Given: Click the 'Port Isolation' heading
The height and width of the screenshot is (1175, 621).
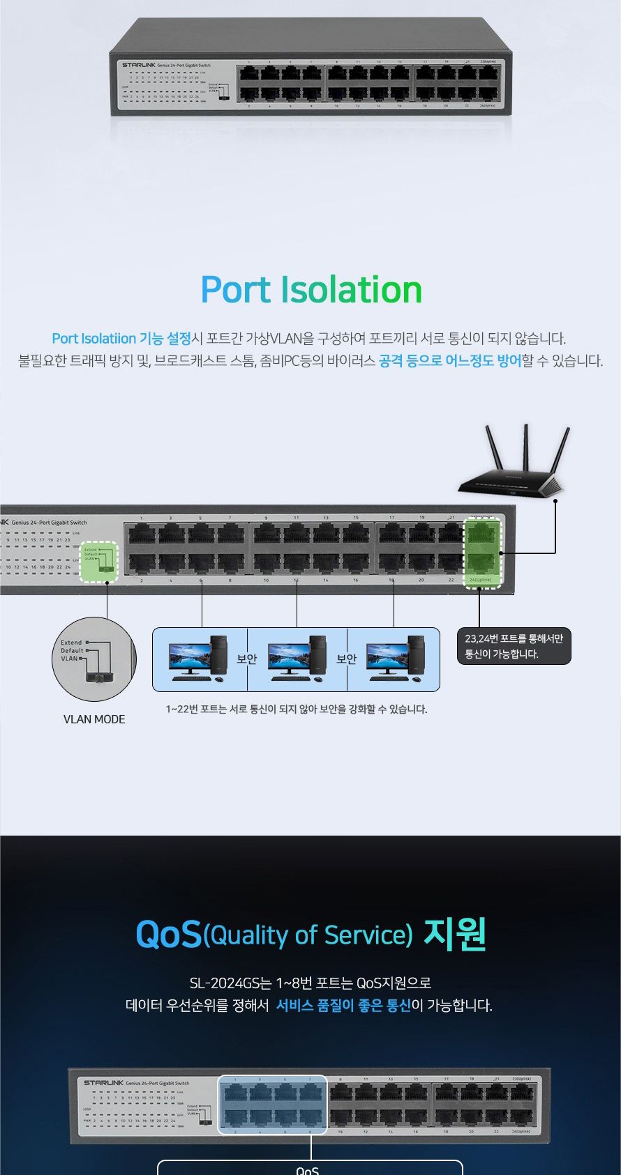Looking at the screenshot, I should (x=311, y=290).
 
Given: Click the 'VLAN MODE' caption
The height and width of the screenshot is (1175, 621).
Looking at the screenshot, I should (x=94, y=719).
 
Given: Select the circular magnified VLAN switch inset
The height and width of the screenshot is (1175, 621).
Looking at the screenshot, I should (x=94, y=659).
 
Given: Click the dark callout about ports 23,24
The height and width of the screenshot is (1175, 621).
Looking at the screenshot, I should (x=514, y=646).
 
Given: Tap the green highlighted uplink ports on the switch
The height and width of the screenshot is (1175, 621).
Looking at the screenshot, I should (x=483, y=553).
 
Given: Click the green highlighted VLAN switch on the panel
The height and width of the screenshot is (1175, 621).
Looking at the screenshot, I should (x=98, y=561).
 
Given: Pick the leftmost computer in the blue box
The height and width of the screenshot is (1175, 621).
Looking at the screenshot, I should (x=199, y=659).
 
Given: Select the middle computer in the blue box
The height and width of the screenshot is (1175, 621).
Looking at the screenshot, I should (x=297, y=659).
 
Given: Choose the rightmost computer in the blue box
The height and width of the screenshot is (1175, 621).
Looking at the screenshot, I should (x=395, y=659).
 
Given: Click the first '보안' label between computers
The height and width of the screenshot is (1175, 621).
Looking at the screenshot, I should (x=247, y=659).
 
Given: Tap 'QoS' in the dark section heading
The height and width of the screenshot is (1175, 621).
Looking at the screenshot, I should (x=168, y=935).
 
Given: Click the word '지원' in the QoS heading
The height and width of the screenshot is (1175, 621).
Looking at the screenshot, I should (x=455, y=935).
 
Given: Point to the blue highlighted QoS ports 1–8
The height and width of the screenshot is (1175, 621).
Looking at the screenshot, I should (x=272, y=1105).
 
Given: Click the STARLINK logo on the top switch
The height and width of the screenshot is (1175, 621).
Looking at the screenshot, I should (x=139, y=65).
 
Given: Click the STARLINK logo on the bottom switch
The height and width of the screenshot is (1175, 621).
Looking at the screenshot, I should (x=103, y=1082).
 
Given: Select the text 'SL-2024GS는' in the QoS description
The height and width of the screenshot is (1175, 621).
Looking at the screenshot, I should (x=231, y=983).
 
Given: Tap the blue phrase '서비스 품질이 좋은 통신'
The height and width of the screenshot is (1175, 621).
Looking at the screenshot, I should (x=343, y=1006).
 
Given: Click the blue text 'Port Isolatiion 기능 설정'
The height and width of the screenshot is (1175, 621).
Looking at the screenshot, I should (x=121, y=339).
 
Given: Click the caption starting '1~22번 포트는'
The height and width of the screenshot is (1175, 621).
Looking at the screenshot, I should (x=296, y=709).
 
